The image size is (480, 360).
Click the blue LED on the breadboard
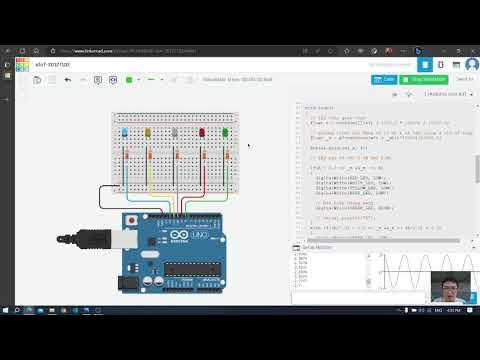pos(123,132)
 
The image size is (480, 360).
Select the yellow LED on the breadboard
pos(149,132)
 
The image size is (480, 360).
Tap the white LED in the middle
pos(175,132)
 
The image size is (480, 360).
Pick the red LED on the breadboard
pos(201,132)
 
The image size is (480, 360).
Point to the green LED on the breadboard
pos(225,132)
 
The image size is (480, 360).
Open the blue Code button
pos(384,79)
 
